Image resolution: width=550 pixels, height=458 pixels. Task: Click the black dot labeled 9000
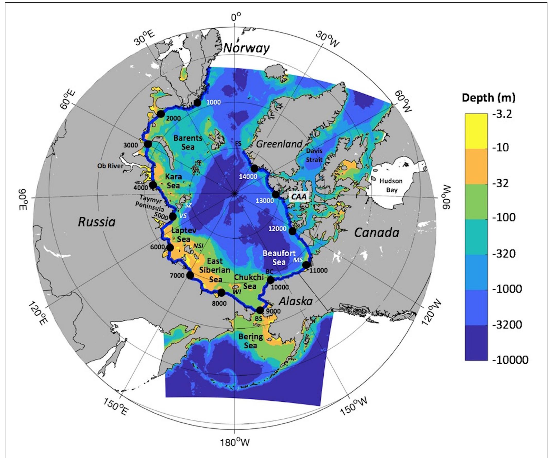coord(260,310)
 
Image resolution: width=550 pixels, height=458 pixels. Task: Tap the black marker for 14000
coord(254,168)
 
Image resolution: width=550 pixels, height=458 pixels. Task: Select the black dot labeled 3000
coord(148,144)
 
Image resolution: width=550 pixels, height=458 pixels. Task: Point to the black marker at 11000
coord(306,265)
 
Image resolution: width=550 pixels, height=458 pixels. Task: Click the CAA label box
coord(299,196)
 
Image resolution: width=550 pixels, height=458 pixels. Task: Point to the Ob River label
coord(110,166)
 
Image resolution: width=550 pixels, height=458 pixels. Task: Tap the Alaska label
coord(295,302)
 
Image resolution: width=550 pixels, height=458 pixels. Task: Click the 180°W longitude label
coord(235,443)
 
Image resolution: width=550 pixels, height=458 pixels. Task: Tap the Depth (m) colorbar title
coord(489,98)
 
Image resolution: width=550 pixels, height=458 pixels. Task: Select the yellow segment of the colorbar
coord(476,131)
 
